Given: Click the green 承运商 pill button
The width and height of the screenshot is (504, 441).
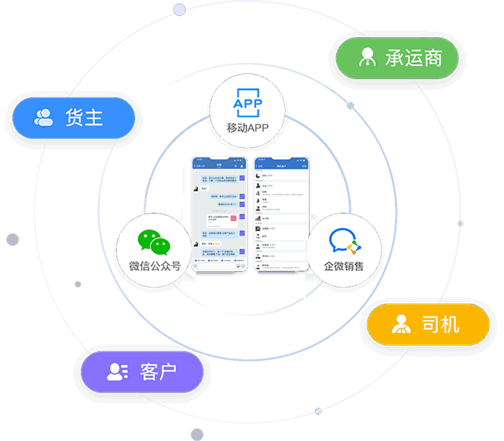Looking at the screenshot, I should pyautogui.click(x=397, y=58).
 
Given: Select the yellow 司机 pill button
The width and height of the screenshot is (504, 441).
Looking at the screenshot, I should pyautogui.click(x=428, y=325).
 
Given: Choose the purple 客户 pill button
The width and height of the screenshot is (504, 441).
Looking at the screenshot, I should pyautogui.click(x=142, y=371).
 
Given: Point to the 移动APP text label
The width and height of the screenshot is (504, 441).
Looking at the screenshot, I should pyautogui.click(x=248, y=128).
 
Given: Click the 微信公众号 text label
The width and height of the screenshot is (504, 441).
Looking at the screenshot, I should pyautogui.click(x=155, y=266).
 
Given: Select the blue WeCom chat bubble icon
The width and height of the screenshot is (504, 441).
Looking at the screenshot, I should pyautogui.click(x=344, y=242).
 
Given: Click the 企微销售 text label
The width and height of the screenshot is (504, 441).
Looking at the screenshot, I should pyautogui.click(x=344, y=266).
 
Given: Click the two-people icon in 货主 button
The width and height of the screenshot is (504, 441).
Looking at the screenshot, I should pyautogui.click(x=44, y=117).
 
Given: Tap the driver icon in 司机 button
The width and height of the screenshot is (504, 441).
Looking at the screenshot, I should pyautogui.click(x=401, y=324).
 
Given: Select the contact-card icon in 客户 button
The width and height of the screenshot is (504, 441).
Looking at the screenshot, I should pyautogui.click(x=117, y=371).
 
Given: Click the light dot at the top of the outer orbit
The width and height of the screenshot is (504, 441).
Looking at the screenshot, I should pyautogui.click(x=179, y=9).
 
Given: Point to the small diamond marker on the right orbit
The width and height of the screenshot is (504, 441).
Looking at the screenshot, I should pyautogui.click(x=460, y=223).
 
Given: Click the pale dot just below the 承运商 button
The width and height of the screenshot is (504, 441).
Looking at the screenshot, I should pyautogui.click(x=350, y=105).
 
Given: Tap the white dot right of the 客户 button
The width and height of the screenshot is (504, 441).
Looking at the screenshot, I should pyautogui.click(x=318, y=411).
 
